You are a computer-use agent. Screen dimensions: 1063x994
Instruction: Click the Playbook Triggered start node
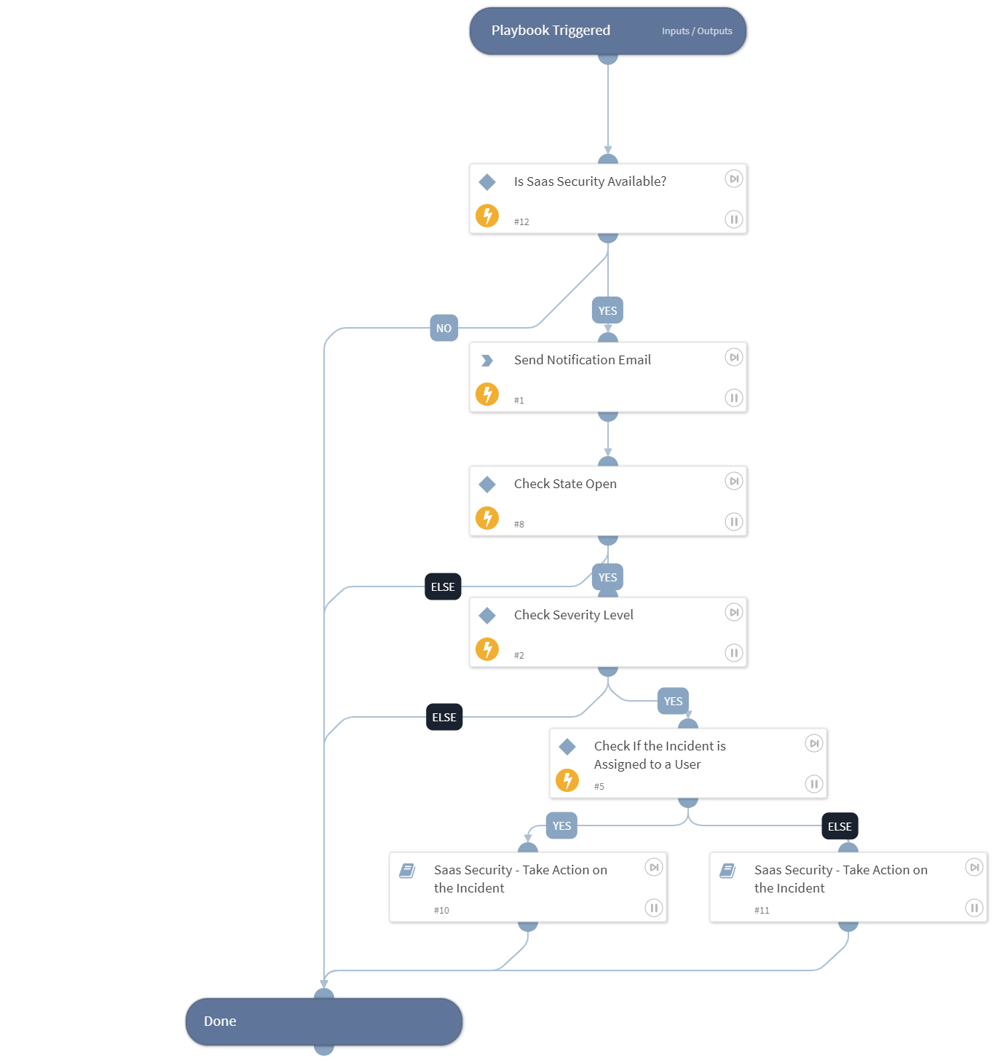point(551,31)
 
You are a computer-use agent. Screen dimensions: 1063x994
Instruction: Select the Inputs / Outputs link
point(697,31)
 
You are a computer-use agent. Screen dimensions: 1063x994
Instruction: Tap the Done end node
point(323,1021)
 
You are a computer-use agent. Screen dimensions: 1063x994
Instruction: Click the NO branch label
point(443,328)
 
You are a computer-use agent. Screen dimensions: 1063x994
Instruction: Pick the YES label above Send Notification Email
point(607,310)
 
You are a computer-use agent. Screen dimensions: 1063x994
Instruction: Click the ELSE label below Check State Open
point(443,587)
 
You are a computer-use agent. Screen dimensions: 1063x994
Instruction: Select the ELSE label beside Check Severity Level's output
point(444,717)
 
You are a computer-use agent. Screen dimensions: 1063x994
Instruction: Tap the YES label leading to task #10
point(561,825)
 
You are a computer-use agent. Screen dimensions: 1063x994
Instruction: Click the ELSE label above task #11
point(840,826)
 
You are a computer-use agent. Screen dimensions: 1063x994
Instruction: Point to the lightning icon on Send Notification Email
point(487,394)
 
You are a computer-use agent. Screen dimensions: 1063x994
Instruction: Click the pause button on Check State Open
point(734,522)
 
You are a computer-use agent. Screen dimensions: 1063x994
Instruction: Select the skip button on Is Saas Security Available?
point(734,179)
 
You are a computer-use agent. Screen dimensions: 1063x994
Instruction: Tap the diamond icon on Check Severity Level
point(487,616)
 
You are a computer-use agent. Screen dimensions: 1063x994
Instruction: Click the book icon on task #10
point(407,871)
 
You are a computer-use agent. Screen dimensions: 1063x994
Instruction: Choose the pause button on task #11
point(974,908)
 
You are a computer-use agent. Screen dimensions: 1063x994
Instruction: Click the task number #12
point(521,221)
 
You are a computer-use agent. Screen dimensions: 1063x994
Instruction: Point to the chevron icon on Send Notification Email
point(487,361)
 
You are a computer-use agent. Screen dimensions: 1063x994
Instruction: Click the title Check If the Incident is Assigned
point(660,755)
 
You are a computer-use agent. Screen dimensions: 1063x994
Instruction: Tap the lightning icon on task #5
point(567,780)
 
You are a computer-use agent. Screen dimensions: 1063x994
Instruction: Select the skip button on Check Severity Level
point(734,612)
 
